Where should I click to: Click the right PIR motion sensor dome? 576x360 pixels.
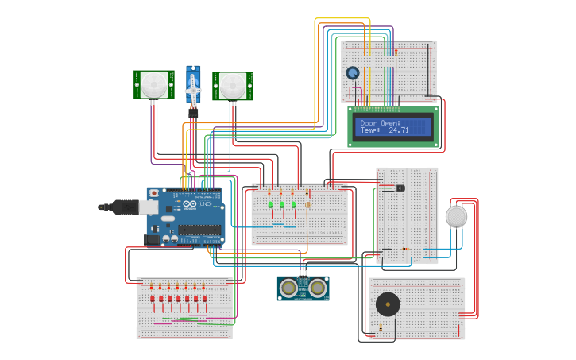[233, 85]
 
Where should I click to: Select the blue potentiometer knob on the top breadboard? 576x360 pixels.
[352, 73]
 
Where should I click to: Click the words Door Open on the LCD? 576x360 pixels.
[380, 123]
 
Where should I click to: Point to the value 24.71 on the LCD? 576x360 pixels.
[399, 130]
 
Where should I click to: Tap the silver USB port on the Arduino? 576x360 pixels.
[149, 207]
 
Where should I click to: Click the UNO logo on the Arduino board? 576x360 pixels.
[204, 205]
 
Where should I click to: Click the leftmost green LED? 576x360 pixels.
[271, 205]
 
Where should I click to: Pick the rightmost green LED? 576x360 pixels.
[293, 205]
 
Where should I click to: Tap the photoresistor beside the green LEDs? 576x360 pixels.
[308, 204]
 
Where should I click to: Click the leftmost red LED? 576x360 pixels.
[153, 299]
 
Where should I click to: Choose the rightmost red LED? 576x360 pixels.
[204, 299]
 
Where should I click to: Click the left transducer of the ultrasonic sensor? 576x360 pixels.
[289, 287]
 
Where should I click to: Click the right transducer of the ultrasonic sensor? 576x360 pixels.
[318, 287]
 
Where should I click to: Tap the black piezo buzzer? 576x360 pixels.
[389, 305]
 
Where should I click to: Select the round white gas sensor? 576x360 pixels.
[456, 216]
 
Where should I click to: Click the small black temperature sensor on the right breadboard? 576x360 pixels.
[400, 188]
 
